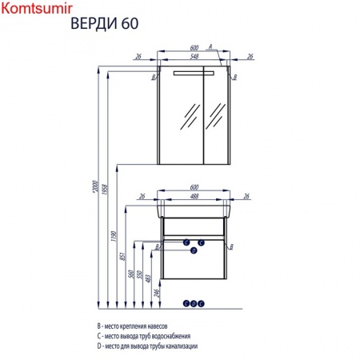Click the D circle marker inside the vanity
click(194, 250)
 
